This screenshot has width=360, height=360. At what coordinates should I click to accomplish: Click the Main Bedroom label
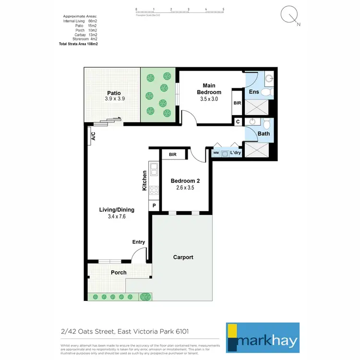tap(209, 89)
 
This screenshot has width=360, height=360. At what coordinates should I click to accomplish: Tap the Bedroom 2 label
tap(185, 181)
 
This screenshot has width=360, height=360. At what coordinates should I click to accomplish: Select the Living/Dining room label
tap(117, 209)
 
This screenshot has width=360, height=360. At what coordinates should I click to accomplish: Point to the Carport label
tap(183, 257)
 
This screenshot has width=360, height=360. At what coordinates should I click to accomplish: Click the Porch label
tap(119, 272)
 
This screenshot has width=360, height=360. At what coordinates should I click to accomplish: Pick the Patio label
tap(114, 93)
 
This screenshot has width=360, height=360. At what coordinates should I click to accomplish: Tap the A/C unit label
tap(93, 137)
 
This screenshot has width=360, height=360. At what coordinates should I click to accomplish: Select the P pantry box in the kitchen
tap(154, 206)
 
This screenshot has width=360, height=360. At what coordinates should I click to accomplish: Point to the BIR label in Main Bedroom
tap(237, 103)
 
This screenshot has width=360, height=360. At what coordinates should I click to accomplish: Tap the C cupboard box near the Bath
tap(238, 122)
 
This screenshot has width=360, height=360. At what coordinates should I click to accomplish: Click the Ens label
tap(253, 92)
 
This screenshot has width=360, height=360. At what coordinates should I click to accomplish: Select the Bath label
tap(264, 133)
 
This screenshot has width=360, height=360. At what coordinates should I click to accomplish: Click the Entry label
tap(138, 242)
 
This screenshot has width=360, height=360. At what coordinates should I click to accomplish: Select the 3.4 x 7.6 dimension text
tap(117, 216)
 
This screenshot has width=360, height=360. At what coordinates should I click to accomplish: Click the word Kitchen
tap(144, 181)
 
